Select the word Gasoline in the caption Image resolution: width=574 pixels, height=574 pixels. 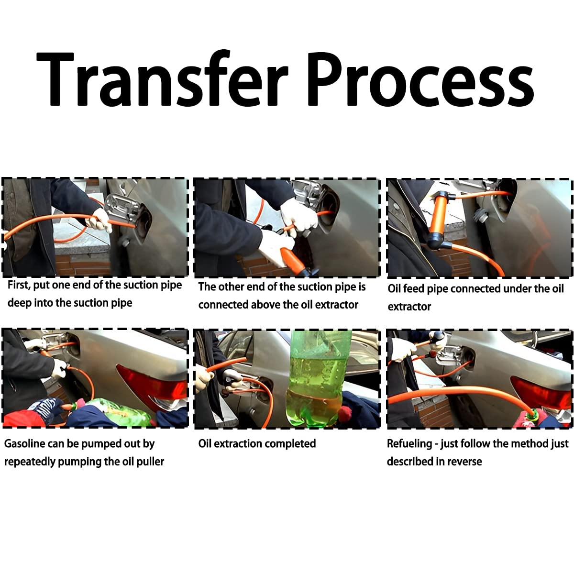(x=24, y=443)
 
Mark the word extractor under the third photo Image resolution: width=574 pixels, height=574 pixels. (x=409, y=307)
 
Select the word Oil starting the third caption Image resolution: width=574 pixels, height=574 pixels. (x=394, y=288)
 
